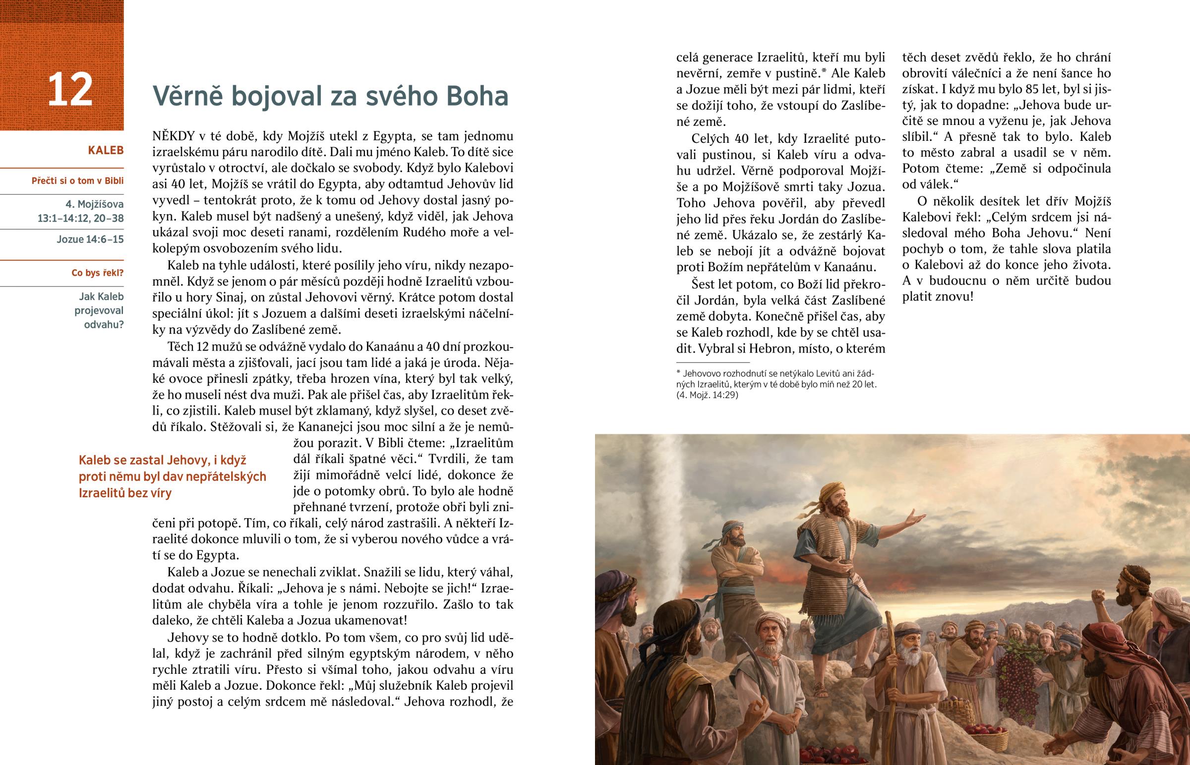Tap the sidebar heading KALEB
coord(105,151)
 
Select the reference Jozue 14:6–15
coord(90,239)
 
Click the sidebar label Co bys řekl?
coord(97,273)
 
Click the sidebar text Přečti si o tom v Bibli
coord(77,181)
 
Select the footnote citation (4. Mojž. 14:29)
coord(707,396)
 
